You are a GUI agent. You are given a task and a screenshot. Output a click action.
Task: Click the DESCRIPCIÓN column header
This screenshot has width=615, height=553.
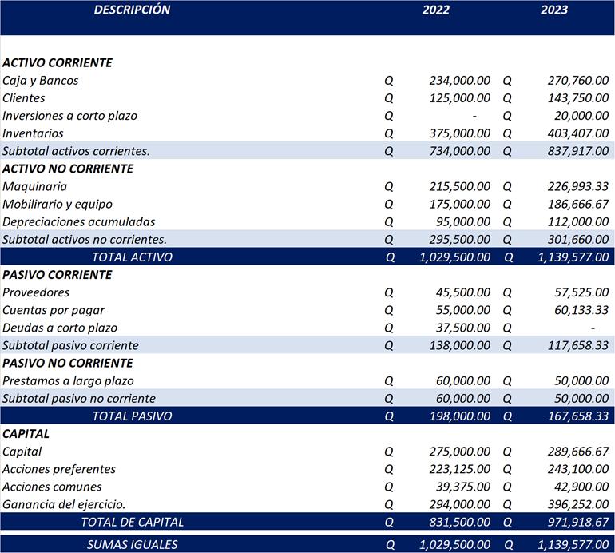(132, 10)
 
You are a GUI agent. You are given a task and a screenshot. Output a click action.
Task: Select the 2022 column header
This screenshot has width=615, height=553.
(436, 10)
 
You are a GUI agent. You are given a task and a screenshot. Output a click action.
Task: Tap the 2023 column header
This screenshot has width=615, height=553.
(554, 10)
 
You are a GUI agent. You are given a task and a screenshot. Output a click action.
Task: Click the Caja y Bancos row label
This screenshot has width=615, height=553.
(41, 81)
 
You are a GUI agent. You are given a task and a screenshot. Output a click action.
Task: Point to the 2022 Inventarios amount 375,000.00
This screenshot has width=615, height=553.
(459, 133)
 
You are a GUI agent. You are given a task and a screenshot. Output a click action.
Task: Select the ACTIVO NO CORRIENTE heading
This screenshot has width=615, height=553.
(68, 169)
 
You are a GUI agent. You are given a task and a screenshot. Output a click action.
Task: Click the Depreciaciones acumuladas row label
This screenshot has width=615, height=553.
(79, 221)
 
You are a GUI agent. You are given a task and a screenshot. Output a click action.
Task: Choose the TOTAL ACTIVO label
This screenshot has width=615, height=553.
(132, 257)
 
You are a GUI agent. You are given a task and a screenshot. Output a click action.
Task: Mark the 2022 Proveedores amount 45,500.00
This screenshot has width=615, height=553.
(462, 292)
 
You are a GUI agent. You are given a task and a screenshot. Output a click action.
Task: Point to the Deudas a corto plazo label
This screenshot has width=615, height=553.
(60, 328)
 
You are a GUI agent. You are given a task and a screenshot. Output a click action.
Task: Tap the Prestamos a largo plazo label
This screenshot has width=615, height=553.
(69, 381)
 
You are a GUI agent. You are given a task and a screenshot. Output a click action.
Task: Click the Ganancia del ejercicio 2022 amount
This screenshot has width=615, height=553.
(459, 504)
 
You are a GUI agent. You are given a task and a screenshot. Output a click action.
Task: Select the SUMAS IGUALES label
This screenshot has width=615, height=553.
(132, 544)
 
